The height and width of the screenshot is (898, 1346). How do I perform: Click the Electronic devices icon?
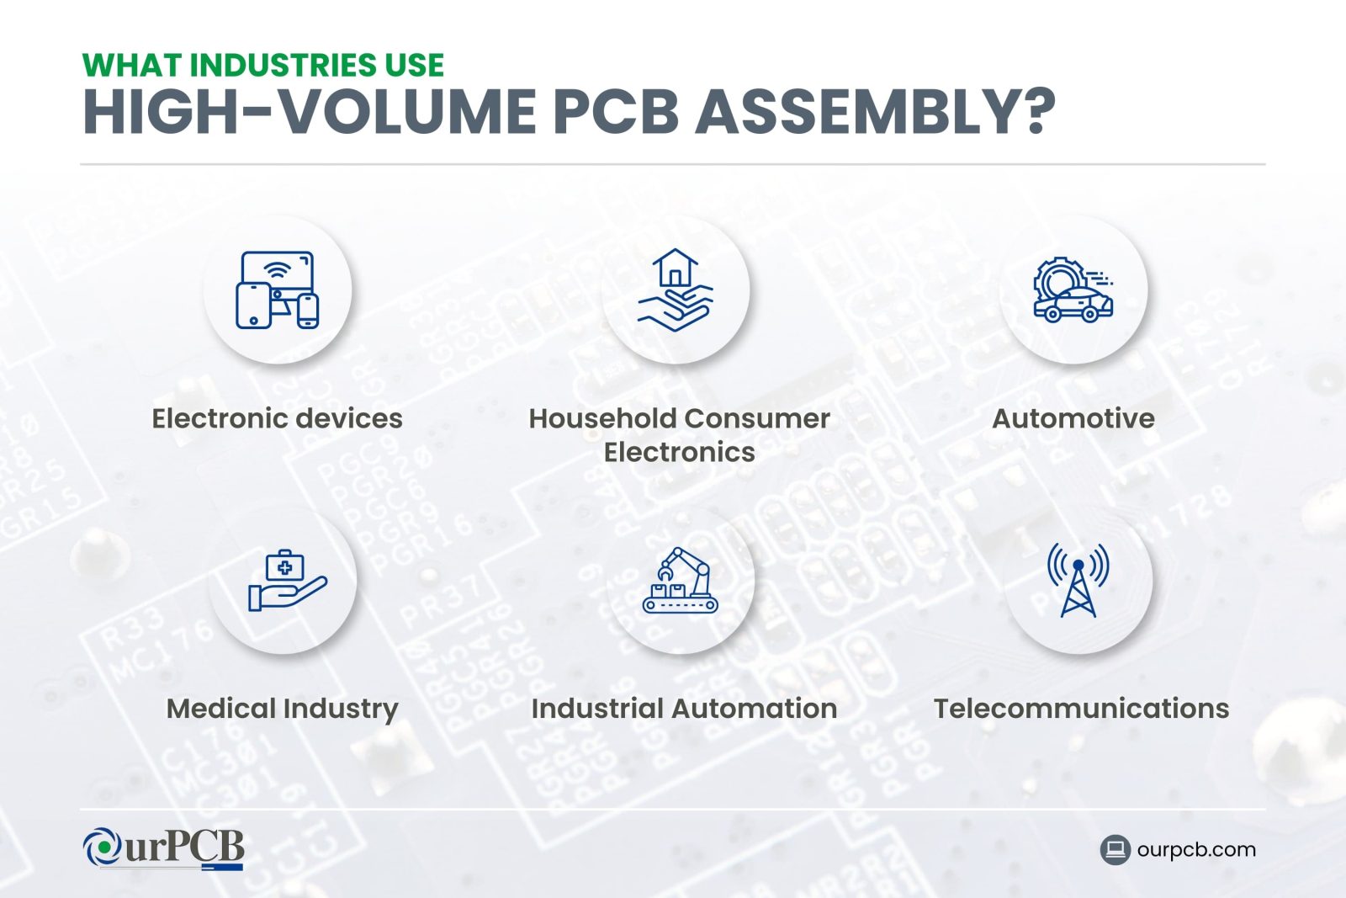point(278,290)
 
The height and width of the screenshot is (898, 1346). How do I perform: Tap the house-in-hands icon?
point(676,290)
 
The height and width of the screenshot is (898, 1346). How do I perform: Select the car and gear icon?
point(1073,290)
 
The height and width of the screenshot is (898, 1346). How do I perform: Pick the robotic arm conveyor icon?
point(681,581)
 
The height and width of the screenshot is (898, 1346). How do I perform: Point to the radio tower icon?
point(1078,581)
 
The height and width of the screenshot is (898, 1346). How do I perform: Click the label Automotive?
point(1073,418)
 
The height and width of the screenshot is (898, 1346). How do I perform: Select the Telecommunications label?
point(1081,709)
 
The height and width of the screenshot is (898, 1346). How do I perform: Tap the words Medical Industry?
point(283,709)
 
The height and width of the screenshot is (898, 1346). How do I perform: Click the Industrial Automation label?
point(684,709)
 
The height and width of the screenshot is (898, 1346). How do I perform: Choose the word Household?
point(601,418)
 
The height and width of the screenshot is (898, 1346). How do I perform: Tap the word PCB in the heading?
point(616,112)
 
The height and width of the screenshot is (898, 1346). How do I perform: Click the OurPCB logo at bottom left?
point(164,848)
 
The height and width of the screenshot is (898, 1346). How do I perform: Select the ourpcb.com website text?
point(1195,850)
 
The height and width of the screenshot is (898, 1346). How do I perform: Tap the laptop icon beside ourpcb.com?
point(1115,850)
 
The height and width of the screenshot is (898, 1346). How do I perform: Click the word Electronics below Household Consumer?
point(680,453)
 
